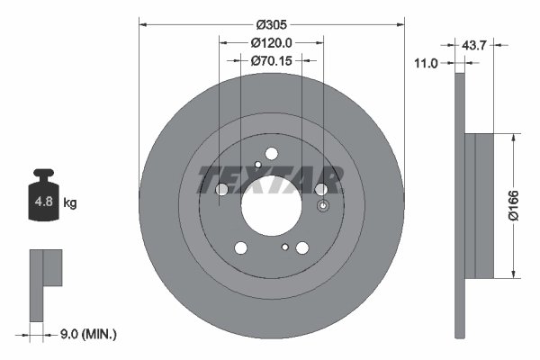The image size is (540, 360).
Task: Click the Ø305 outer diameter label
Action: [272, 25]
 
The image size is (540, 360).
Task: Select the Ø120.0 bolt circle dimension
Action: [272, 43]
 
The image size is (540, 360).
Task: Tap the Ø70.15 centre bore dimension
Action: [272, 61]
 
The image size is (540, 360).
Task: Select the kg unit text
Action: [70, 203]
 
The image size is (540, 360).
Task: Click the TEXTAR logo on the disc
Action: [270, 180]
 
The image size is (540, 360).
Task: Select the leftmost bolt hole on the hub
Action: [221, 189]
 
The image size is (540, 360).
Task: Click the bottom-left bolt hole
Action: [240, 248]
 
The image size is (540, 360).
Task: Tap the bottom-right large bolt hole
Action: [302, 248]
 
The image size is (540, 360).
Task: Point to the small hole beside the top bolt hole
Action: [257, 164]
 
